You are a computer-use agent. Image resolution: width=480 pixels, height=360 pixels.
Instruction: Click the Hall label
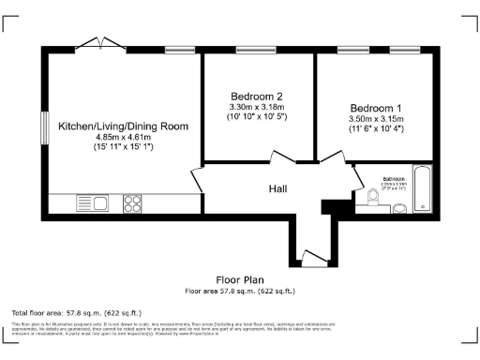pyautogui.click(x=277, y=188)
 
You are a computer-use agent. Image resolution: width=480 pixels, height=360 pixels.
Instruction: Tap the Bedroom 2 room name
pyautogui.click(x=256, y=96)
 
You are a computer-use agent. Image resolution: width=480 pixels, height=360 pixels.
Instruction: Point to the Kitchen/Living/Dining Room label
pyautogui.click(x=123, y=126)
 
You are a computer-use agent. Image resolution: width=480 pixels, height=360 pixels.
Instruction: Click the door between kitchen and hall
pyautogui.click(x=196, y=180)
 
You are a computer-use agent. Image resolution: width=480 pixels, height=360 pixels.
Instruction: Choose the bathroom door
pyautogui.click(x=360, y=175)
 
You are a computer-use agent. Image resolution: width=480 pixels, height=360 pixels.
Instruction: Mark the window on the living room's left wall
pyautogui.click(x=42, y=127)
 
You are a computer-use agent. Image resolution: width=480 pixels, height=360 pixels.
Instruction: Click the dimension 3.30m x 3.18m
pyautogui.click(x=256, y=107)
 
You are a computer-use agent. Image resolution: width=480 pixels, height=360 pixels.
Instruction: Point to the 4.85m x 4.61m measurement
pyautogui.click(x=123, y=137)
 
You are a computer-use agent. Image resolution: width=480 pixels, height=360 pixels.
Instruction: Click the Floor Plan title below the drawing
pyautogui.click(x=241, y=279)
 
